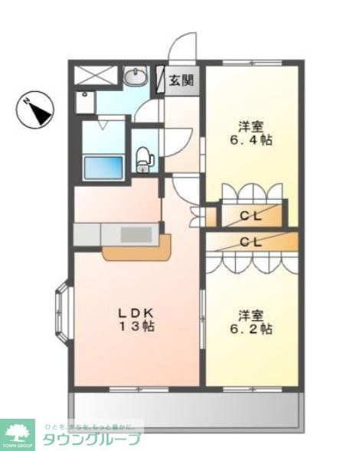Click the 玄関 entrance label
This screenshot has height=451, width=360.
pyautogui.click(x=182, y=80)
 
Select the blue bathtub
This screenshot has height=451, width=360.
pyautogui.click(x=103, y=166)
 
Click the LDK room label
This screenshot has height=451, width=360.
pyautogui.click(x=137, y=312)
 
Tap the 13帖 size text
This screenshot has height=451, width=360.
pyautogui.click(x=137, y=327)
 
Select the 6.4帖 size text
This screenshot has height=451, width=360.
pyautogui.click(x=250, y=142)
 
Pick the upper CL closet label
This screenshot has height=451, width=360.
pyautogui.click(x=250, y=216)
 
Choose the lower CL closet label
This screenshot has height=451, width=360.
pyautogui.click(x=250, y=241)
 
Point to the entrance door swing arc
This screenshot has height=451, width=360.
pyautogui.click(x=182, y=47)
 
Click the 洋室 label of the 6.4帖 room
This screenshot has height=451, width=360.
pyautogui.click(x=250, y=126)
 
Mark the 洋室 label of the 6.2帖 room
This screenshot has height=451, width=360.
pyautogui.click(x=250, y=315)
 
